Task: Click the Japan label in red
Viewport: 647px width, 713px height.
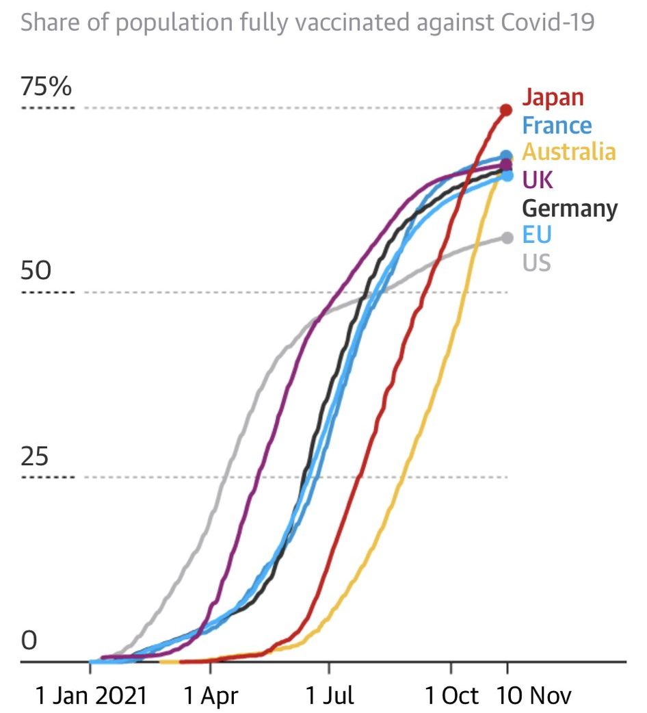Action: (x=553, y=97)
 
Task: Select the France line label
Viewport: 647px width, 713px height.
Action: (x=557, y=125)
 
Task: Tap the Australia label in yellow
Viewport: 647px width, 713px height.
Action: (x=568, y=151)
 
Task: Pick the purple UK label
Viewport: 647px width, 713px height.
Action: (x=538, y=180)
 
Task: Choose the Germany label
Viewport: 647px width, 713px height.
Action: (x=569, y=208)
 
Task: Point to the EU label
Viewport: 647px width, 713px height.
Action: (x=537, y=234)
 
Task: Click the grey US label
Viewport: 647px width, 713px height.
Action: (x=537, y=262)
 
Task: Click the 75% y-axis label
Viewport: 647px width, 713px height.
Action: (x=46, y=88)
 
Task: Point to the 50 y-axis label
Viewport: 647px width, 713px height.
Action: (x=36, y=272)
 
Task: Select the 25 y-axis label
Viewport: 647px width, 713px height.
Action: (x=35, y=456)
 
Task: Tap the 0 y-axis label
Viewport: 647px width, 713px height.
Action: (x=29, y=641)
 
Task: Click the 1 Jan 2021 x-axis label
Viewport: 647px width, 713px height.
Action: (x=90, y=697)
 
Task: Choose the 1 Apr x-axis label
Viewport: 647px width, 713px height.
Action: (x=211, y=697)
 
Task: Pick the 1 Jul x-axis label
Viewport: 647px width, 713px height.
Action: (x=330, y=697)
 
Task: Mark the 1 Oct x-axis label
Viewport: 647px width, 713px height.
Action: (x=451, y=697)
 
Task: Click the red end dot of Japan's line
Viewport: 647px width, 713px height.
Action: (x=507, y=109)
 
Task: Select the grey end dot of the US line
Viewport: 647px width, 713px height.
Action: (x=507, y=237)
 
